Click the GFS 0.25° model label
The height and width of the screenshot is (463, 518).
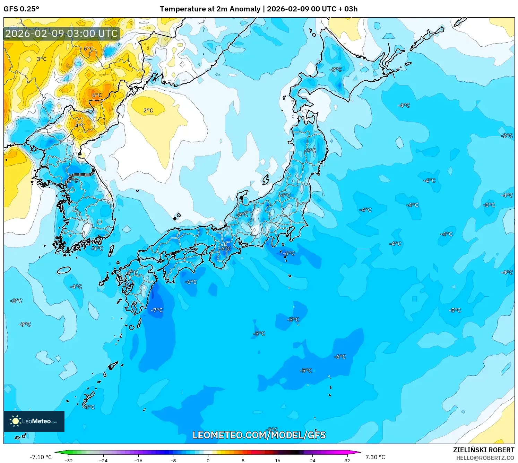point(21,9)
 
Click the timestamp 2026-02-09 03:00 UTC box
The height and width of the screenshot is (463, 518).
point(61,34)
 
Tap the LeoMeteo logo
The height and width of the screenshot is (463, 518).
point(34,421)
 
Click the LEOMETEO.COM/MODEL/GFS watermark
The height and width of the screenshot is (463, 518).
point(259,435)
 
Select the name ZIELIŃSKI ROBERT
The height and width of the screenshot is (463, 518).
point(484,450)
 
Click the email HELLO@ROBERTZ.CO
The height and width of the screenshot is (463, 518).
point(485,458)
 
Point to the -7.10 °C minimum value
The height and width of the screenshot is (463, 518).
point(41,457)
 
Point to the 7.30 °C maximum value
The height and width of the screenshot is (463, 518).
point(375,457)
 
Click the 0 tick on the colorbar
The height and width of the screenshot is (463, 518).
point(208,460)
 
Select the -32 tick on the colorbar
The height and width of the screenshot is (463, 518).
point(69,460)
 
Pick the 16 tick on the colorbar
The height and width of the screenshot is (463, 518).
point(277,460)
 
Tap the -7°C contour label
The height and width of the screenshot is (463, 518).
point(157,310)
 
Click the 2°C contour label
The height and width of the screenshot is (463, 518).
point(148,110)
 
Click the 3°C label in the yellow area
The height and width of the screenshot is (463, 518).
point(42,59)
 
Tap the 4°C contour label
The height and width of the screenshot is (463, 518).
point(80,125)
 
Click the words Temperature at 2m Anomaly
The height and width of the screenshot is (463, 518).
point(210,9)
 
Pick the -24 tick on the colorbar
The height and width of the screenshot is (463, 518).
point(103,460)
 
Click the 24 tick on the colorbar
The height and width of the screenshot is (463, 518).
point(312,460)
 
